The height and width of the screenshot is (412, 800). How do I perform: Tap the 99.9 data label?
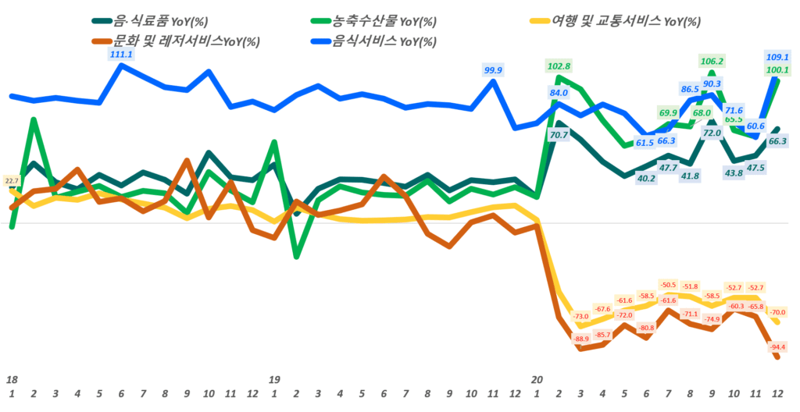click(x=493, y=70)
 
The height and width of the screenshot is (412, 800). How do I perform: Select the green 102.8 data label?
click(x=558, y=66)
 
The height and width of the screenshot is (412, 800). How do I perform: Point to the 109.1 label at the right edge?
click(x=777, y=57)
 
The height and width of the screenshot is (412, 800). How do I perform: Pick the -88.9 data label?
click(x=581, y=339)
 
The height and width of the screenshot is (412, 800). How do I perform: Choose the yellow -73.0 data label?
click(x=581, y=316)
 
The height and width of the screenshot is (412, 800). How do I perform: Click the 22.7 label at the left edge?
click(x=12, y=181)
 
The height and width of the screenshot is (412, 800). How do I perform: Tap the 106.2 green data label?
click(x=711, y=61)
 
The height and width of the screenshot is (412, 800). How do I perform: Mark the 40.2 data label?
click(x=625, y=178)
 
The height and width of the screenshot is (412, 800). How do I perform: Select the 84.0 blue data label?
click(x=559, y=93)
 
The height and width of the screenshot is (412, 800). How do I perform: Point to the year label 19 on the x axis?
click(x=274, y=379)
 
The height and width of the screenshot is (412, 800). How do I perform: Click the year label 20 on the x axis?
click(x=537, y=379)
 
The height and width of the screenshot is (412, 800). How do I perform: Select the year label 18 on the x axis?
click(x=12, y=379)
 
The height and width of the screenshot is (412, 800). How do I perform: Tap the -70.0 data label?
click(x=778, y=312)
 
